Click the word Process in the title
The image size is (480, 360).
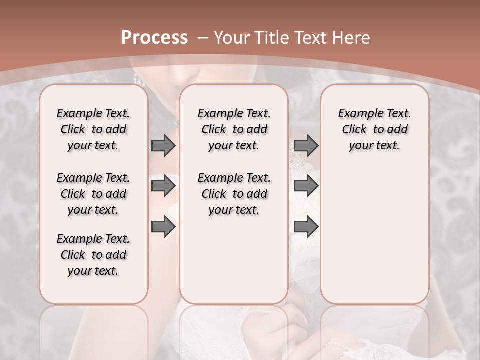point(154,38)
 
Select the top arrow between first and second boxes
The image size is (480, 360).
point(163,145)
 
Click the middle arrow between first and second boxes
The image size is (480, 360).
point(163,186)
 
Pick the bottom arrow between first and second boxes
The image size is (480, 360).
point(163,227)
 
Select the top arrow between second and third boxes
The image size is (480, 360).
point(306,145)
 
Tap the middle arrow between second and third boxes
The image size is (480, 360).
point(306,186)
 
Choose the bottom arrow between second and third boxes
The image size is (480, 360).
point(306,227)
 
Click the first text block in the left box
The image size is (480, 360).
point(93,129)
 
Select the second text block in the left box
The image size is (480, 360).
point(93,194)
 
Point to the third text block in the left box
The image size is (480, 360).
point(93,255)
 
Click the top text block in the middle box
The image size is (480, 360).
point(234,129)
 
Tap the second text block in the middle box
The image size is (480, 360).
point(234,194)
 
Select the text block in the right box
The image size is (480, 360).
point(374,129)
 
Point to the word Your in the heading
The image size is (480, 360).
point(232,38)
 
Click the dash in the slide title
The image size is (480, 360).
point(203,38)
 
